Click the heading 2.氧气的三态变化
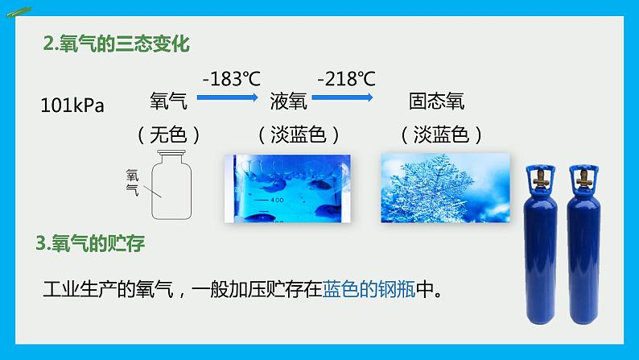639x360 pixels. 117,43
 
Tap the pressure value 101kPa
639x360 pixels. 72,106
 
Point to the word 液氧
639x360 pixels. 287,101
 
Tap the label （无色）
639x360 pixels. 168,134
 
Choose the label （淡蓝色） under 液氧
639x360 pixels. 299,134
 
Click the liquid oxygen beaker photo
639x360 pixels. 289,188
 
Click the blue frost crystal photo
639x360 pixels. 444,188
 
